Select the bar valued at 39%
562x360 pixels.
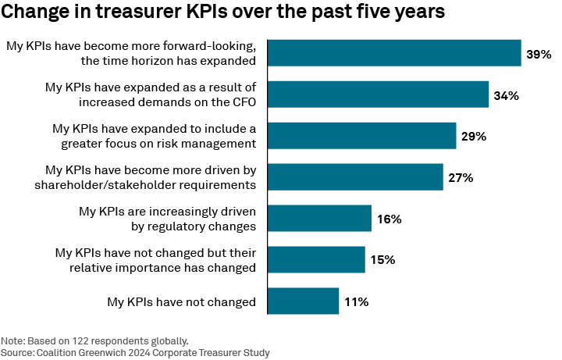pos(394,53)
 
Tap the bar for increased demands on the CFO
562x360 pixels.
pos(378,94)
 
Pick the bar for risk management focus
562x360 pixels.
pos(361,136)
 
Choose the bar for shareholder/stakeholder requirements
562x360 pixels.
pos(355,177)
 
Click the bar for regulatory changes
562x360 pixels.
pos(319,219)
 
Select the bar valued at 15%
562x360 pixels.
pos(316,260)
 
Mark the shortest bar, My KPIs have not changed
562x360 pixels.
pos(303,301)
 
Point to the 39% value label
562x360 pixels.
pos(539,54)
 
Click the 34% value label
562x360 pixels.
pos(507,95)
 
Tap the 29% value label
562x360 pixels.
pos(474,137)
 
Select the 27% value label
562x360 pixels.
pos(461,178)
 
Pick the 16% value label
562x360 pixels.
pos(389,219)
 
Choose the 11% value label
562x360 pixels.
pos(356,302)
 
